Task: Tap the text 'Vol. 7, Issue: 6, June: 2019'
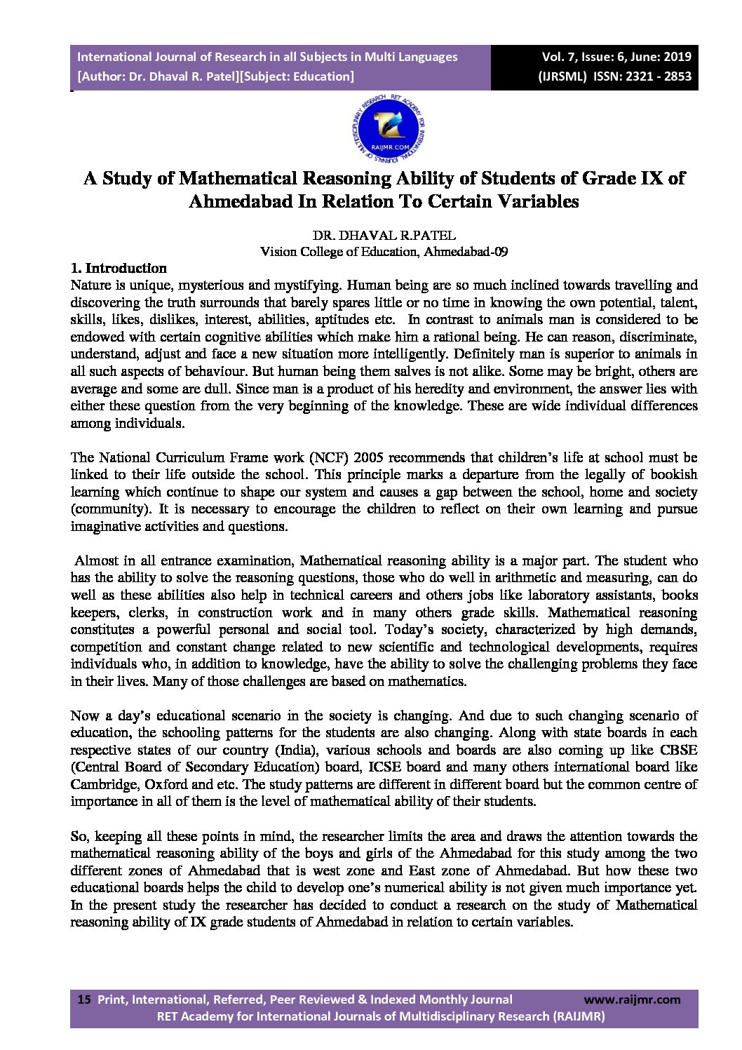tap(616, 57)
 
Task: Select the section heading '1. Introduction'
tap(119, 268)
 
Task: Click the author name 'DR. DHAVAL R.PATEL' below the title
tap(384, 236)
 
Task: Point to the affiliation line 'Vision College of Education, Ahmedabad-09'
tap(384, 252)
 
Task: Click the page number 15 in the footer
tap(84, 999)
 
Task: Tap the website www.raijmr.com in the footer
tap(632, 999)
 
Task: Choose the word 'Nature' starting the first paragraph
tap(91, 285)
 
